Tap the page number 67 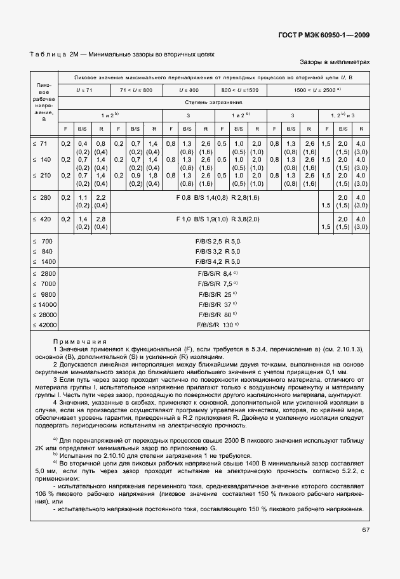(x=366, y=530)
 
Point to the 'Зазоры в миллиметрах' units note (x=335, y=63)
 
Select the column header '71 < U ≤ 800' (x=137, y=90)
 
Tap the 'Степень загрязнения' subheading (x=214, y=101)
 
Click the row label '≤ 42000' (x=44, y=325)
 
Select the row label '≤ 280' (x=43, y=198)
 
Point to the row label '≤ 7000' (x=44, y=283)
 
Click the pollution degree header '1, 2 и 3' (x=343, y=115)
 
